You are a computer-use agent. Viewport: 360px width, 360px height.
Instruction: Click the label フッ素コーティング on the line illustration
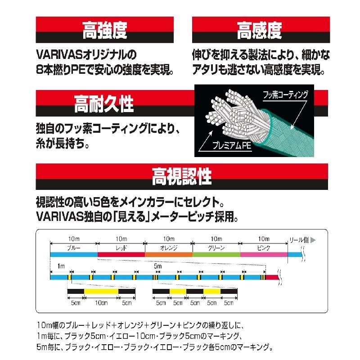[286, 95]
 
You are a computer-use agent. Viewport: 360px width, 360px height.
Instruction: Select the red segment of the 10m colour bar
[121, 254]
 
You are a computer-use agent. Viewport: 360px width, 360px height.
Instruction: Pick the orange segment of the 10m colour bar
[169, 254]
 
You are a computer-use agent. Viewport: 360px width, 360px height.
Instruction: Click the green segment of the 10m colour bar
[216, 254]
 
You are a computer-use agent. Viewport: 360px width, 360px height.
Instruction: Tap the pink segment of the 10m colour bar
[264, 254]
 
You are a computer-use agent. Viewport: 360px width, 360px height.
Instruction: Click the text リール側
[298, 240]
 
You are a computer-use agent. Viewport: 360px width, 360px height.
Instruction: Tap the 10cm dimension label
[101, 303]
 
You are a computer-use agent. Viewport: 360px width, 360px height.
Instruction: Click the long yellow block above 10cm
[101, 292]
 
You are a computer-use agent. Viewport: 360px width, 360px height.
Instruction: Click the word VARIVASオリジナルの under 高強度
[85, 56]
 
